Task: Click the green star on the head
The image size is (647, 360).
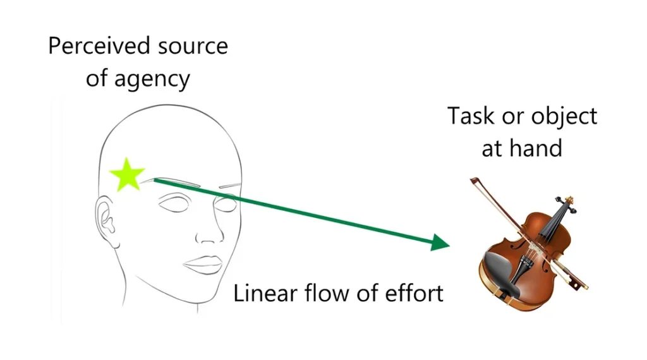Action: [127, 175]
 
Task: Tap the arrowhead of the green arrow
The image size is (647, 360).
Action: [440, 243]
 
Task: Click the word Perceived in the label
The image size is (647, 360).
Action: [98, 46]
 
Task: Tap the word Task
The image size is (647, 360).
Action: [471, 116]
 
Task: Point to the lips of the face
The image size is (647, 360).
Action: [203, 265]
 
